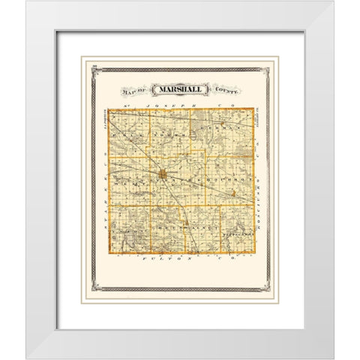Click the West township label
(130, 181)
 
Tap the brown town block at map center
(163, 176)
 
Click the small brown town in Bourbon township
(233, 193)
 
